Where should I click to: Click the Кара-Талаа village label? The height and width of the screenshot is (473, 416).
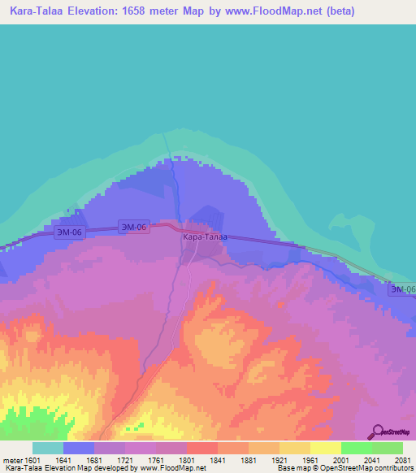point(205,237)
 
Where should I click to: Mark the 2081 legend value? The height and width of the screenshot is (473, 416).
point(401,461)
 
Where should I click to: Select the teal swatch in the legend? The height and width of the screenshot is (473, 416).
point(48,448)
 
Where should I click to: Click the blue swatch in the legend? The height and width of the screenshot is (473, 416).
point(79,448)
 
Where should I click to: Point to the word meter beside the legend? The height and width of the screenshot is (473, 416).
point(11,461)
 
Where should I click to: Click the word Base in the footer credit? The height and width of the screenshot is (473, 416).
point(285,469)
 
